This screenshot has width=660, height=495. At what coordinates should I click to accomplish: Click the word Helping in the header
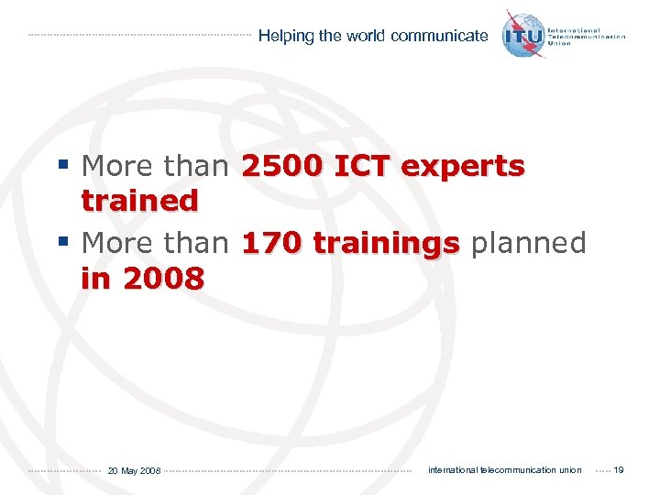(286, 37)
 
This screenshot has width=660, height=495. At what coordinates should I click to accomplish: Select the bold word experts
(463, 168)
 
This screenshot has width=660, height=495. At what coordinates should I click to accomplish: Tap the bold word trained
(139, 200)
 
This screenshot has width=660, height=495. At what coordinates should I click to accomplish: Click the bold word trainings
(386, 245)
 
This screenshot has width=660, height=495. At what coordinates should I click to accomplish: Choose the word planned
(527, 245)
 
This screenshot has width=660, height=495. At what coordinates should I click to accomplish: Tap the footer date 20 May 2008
(134, 471)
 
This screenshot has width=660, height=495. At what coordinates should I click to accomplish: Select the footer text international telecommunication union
(505, 470)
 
